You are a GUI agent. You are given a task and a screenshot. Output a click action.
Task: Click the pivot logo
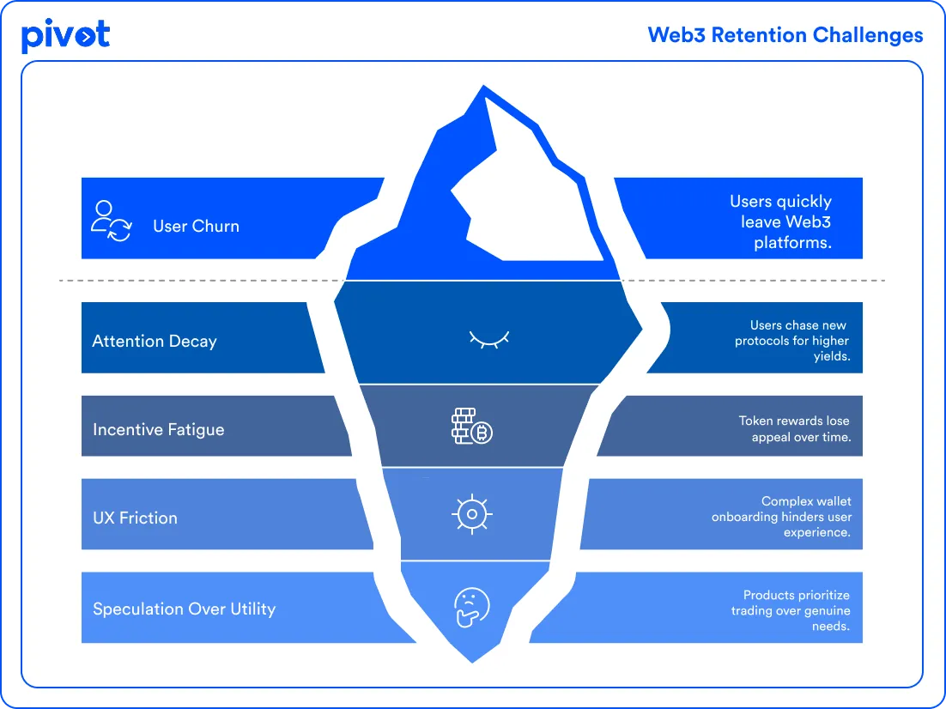point(65,35)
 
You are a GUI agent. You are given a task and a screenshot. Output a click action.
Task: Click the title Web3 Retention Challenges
point(785,35)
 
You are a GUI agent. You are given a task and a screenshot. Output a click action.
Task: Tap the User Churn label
point(196,227)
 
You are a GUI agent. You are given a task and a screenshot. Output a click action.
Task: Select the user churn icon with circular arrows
point(111,221)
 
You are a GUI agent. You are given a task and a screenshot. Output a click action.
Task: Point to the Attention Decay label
point(155,341)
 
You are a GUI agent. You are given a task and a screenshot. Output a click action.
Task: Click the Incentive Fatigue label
point(158,429)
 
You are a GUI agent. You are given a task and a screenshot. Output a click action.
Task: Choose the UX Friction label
point(135,518)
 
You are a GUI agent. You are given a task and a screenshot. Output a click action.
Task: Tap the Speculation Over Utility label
point(184,609)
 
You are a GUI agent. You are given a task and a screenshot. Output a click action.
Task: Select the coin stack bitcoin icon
point(472,427)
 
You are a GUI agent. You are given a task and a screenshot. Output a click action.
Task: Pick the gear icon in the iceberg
point(471,515)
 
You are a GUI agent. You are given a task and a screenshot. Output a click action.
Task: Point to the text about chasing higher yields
point(791,340)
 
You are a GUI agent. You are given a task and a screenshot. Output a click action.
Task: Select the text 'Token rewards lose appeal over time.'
point(795,428)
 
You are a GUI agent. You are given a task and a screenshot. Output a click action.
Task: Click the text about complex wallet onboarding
point(781,517)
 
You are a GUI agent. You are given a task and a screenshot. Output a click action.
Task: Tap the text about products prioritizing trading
point(791,610)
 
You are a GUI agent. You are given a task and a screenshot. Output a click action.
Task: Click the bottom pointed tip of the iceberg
point(472,657)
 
